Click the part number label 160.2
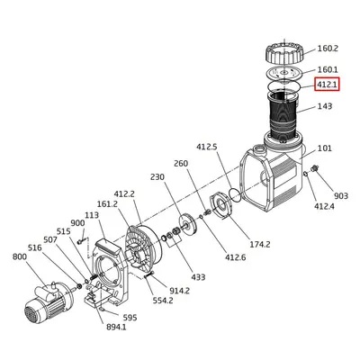click(x=328, y=49)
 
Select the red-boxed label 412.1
click(x=327, y=85)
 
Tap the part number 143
click(x=324, y=106)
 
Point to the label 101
click(x=324, y=148)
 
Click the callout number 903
click(x=340, y=195)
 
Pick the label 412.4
click(x=324, y=207)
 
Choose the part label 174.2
click(x=259, y=244)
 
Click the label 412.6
click(x=235, y=257)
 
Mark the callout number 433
click(x=197, y=278)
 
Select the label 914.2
click(x=179, y=291)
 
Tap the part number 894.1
click(x=116, y=328)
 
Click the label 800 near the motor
click(x=19, y=256)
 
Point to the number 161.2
click(x=106, y=204)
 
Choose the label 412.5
click(x=207, y=145)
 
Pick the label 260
click(x=180, y=164)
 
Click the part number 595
click(x=130, y=318)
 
